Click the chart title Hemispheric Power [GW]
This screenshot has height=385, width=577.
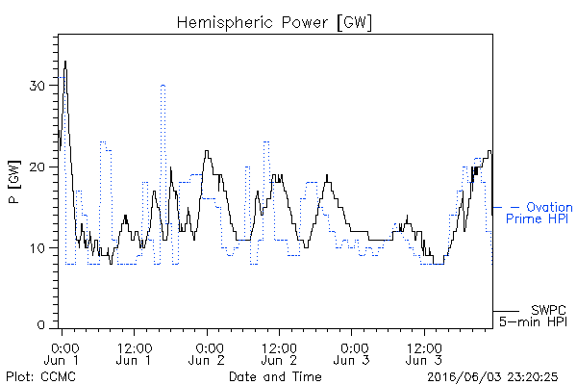point(274,23)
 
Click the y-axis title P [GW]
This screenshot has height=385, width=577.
point(14,182)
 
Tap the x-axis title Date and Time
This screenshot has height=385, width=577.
point(275,376)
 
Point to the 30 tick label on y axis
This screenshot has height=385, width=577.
point(37,86)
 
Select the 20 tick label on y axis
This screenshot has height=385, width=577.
point(37,167)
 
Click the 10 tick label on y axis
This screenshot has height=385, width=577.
point(37,248)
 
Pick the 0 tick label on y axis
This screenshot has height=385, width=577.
point(40,325)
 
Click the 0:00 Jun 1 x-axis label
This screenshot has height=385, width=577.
point(62,354)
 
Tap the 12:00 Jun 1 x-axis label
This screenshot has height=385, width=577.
point(135,354)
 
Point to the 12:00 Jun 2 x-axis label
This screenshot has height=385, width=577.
point(279,354)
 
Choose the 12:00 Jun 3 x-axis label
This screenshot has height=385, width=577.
point(424,354)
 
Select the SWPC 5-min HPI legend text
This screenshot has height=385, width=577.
point(533,316)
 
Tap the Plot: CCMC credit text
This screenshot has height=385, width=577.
point(40,376)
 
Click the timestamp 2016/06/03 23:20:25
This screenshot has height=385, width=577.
point(492,377)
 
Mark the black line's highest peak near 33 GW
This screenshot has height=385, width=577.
point(65,62)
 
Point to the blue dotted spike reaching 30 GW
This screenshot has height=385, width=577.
point(163,86)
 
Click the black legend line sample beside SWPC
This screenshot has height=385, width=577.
point(506,311)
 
